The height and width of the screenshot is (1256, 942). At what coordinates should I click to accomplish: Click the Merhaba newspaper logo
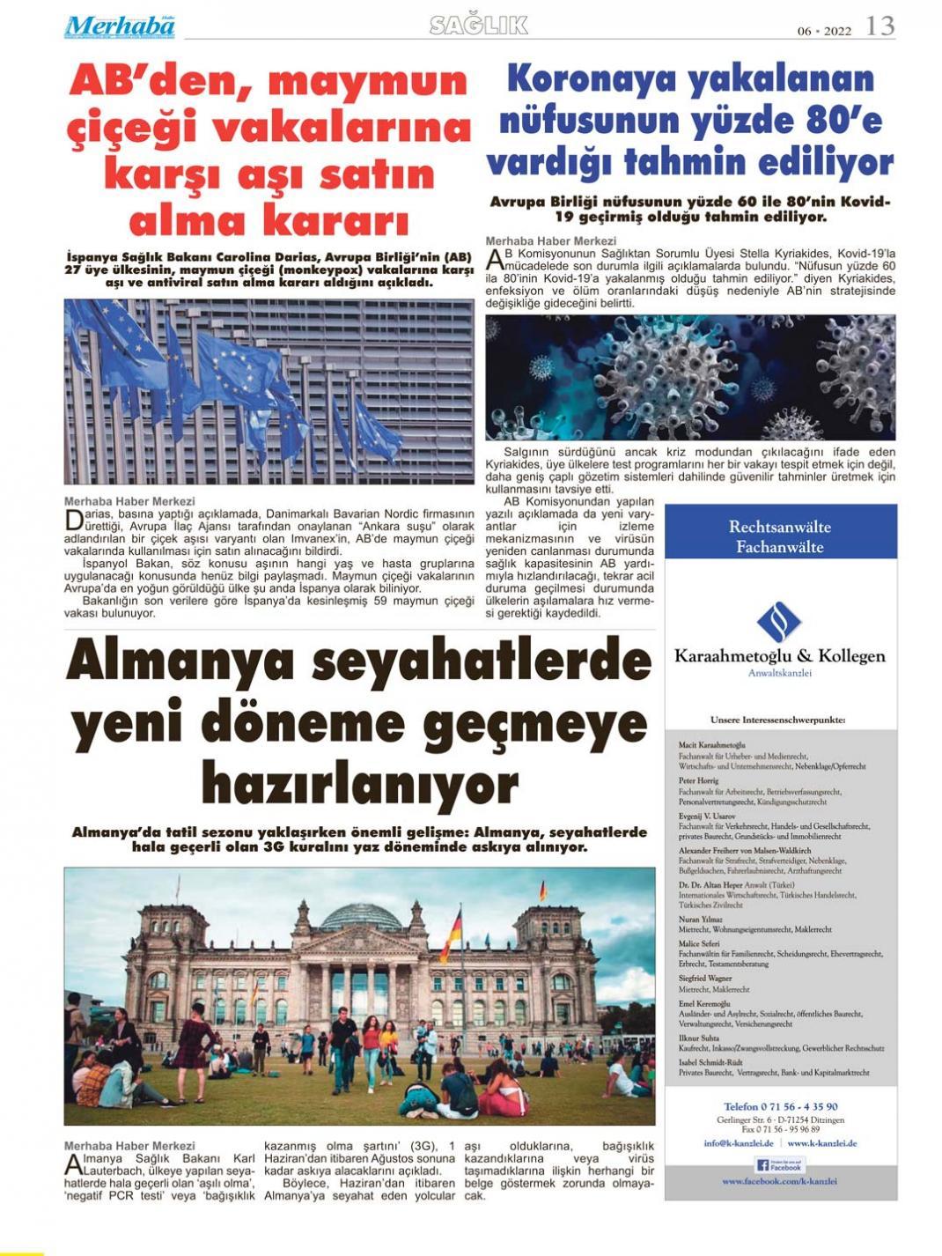(120, 26)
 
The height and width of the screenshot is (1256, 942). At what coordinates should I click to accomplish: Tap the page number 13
(879, 26)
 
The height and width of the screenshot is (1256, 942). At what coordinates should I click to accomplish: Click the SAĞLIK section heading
(479, 26)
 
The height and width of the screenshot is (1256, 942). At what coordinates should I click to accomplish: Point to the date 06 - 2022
(825, 30)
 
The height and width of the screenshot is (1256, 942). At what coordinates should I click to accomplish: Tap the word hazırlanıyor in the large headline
(360, 783)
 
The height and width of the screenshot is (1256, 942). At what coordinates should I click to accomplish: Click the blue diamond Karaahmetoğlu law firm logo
(779, 622)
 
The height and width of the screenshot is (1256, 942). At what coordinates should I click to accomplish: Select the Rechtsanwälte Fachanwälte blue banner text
(780, 536)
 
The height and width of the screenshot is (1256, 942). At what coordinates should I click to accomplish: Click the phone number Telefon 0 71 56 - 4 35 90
(780, 1106)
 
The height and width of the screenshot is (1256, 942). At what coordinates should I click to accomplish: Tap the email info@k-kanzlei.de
(738, 1142)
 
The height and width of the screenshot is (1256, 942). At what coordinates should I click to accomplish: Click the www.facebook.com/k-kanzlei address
(779, 1181)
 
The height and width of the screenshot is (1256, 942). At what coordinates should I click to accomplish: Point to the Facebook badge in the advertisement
(780, 1164)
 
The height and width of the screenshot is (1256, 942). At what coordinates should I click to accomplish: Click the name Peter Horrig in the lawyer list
(698, 780)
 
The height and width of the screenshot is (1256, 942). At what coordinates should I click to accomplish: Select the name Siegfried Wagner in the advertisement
(704, 978)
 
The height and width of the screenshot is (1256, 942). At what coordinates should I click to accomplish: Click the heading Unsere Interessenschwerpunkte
(777, 720)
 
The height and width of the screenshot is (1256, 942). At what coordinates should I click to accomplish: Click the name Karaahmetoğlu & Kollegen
(780, 656)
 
